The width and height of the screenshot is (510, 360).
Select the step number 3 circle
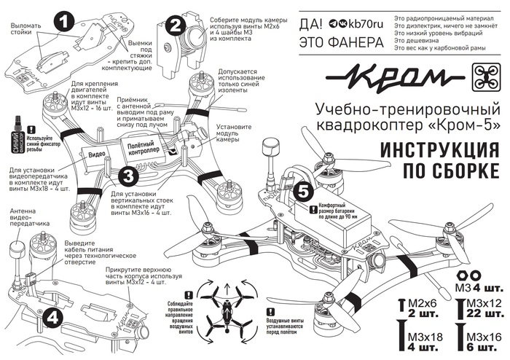coord(127,175)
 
